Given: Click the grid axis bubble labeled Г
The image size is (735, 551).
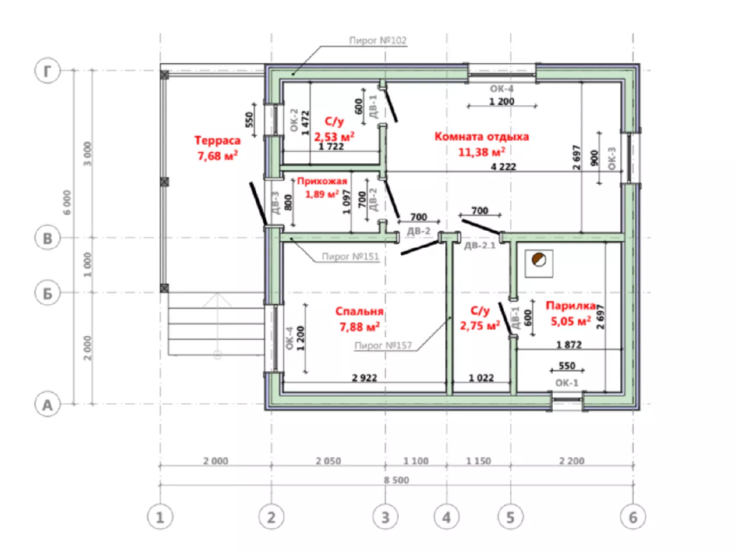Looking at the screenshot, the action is click(x=47, y=71).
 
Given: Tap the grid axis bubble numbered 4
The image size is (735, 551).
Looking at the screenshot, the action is click(x=446, y=517).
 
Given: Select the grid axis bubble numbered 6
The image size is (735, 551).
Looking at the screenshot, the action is click(x=633, y=517).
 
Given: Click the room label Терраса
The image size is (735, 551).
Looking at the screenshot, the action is click(x=217, y=140).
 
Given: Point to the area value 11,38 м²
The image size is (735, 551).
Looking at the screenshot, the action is click(x=482, y=152).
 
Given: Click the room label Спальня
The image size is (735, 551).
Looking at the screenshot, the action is click(x=360, y=311).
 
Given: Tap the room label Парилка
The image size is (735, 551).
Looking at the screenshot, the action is click(x=571, y=306).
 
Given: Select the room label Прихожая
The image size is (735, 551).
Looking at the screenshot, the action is click(x=322, y=181).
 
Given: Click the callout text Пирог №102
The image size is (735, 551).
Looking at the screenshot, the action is click(x=378, y=40).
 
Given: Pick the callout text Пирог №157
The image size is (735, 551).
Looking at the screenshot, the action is click(x=383, y=346).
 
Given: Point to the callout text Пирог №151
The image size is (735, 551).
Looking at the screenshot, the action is click(x=350, y=257).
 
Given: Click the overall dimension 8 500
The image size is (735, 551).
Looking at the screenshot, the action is click(x=396, y=480).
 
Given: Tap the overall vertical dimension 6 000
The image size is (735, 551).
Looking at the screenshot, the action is click(x=67, y=203).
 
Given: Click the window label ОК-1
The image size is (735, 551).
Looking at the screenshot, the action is click(x=567, y=383).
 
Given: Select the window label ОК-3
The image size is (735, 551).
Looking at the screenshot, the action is click(x=612, y=158).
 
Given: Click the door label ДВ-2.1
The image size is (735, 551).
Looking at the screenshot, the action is click(x=480, y=245).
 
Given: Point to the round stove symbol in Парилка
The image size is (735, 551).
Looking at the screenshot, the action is click(x=539, y=260).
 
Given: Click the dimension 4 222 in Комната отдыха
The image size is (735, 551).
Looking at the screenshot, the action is click(x=503, y=167).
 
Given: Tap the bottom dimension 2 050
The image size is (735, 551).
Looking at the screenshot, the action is click(x=328, y=461).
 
